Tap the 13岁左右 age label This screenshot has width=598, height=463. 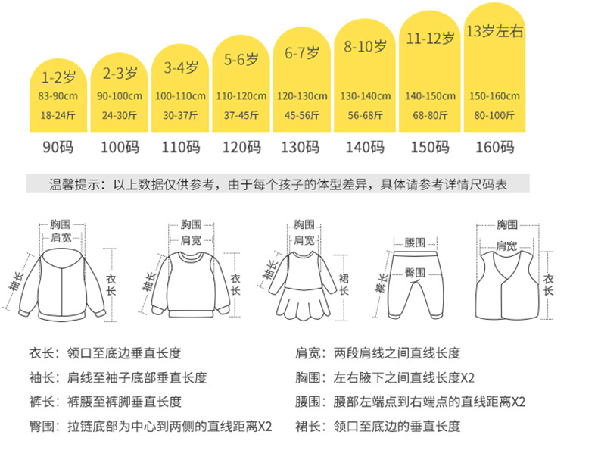tap(494, 32)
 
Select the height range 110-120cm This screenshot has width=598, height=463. tap(241, 96)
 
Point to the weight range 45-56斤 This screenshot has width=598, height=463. tap(301, 115)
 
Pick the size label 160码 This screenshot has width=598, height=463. tap(496, 147)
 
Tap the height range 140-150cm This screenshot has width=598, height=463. tap(431, 96)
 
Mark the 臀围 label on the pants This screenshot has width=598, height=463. tap(414, 271)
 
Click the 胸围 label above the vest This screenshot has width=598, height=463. tap(507, 225)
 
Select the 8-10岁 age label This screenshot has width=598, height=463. tap(366, 45)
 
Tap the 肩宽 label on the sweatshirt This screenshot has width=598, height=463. tap(191, 239)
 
